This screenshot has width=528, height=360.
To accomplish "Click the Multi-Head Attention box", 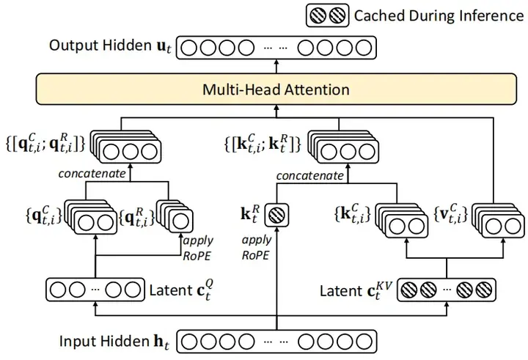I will (x=276, y=90).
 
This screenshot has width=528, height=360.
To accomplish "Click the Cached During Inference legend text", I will (x=437, y=15).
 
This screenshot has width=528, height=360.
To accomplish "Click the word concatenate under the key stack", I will (x=309, y=175).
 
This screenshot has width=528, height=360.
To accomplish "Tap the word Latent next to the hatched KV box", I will (x=340, y=291).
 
